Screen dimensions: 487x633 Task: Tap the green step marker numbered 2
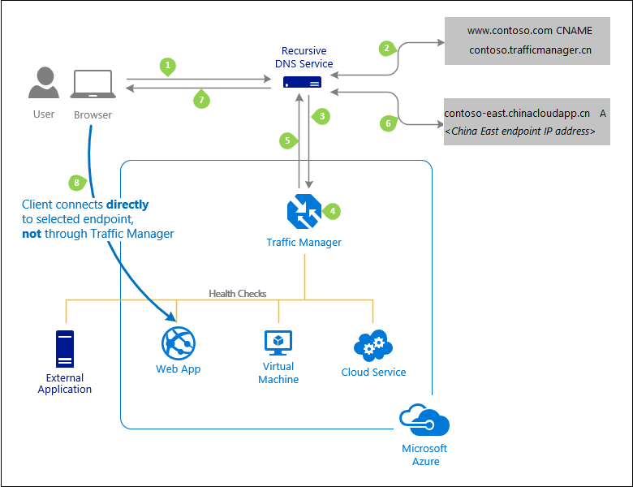point(387,48)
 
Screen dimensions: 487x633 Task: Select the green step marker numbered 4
point(330,210)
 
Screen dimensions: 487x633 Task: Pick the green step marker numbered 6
point(388,123)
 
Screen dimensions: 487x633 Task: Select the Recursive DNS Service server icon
point(302,82)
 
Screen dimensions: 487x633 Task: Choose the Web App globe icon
point(178,343)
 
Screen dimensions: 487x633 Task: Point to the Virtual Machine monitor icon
point(278,342)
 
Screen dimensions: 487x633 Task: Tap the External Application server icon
point(64,350)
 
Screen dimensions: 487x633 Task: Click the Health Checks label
point(238,293)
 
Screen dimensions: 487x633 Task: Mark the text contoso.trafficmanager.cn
point(530,50)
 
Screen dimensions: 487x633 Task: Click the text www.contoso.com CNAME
point(530,31)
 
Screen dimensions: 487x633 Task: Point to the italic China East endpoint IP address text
point(520,131)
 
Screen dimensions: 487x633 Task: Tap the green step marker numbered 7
point(202,99)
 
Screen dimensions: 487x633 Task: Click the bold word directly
point(127,205)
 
